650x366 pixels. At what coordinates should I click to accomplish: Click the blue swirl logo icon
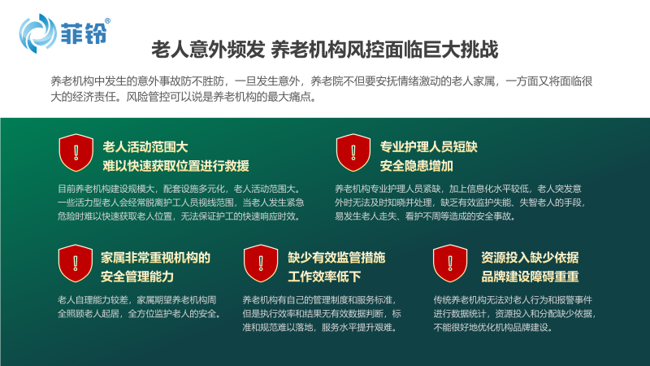point(37,33)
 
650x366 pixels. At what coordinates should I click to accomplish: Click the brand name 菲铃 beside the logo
point(84,33)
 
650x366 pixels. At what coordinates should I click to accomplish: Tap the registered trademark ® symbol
point(108,21)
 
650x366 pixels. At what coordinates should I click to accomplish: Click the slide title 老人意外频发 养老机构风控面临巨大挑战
point(324,50)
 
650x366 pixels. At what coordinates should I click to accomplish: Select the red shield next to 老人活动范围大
point(76,152)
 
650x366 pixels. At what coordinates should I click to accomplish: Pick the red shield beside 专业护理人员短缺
point(353,152)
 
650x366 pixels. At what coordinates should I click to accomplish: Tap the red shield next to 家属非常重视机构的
point(76,264)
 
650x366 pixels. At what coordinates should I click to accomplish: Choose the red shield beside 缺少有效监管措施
point(261,264)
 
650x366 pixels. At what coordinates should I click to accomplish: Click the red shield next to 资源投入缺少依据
point(450,264)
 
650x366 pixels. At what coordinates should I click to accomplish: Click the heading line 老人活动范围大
point(145,147)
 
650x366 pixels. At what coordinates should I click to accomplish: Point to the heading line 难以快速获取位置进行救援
point(176,166)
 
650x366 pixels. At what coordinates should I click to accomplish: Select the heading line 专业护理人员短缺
point(429,147)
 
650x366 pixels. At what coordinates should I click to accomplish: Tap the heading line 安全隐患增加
point(417,166)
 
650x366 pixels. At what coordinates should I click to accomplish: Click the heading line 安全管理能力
point(137,277)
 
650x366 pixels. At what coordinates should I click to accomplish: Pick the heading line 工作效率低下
point(324,277)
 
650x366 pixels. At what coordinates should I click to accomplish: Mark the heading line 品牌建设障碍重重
point(531,277)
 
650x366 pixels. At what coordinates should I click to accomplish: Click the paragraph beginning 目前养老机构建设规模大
point(180,203)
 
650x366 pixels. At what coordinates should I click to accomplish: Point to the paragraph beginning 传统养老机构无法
point(514,314)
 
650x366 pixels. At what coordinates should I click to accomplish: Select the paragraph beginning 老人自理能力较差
point(140,307)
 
